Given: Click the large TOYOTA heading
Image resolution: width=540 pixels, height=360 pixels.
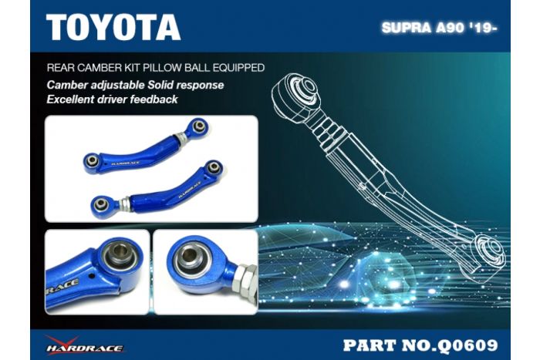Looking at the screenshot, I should click(113, 27).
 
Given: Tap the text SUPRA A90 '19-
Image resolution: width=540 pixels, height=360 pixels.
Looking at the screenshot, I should click(439, 29).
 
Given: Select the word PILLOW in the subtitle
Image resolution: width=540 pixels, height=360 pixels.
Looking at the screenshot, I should click(186, 68).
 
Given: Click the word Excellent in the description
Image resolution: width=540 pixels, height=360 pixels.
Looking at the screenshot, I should click(74, 99).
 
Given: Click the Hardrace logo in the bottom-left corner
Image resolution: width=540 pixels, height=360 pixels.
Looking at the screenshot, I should click(83, 344).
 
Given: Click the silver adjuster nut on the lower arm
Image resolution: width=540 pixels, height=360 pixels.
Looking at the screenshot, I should click(123, 204).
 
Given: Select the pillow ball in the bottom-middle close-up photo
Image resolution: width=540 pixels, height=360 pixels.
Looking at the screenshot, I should click(190, 260).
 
